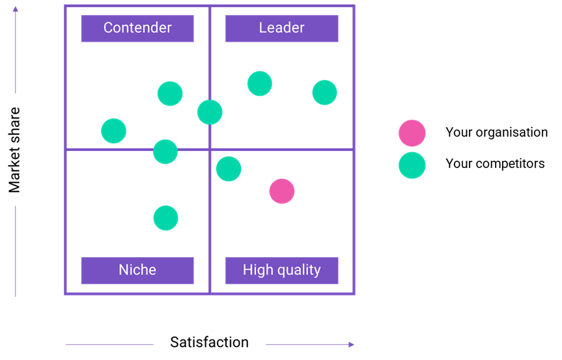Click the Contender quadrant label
137,28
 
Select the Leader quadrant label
281,28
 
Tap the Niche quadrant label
137,270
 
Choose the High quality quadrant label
281,270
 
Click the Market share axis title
15,150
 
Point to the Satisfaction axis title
209,342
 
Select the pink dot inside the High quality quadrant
282,191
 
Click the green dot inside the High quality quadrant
229,169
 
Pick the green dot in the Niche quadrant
165,218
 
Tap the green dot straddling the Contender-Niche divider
165,152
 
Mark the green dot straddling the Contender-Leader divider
210,112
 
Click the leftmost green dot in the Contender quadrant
113,131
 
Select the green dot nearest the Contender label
170,94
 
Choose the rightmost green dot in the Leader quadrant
324,92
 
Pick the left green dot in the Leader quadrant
259,83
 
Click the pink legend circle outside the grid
412,133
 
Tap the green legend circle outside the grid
412,165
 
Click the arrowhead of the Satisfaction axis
352,344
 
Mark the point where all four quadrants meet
210,150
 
